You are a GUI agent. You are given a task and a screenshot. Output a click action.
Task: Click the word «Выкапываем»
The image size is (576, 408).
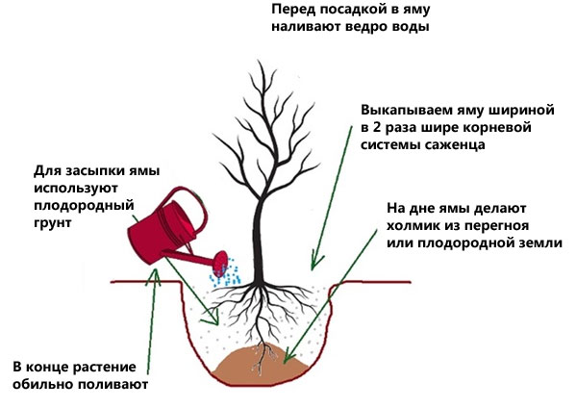tap(403, 110)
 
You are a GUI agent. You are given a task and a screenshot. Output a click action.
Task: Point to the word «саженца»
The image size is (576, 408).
tap(455, 144)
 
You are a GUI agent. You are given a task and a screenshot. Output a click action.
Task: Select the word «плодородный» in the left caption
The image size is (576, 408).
tap(84, 205)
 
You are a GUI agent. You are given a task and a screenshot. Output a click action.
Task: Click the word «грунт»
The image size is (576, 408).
tap(53, 222)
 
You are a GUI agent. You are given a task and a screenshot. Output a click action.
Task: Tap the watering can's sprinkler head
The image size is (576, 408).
tap(220, 263)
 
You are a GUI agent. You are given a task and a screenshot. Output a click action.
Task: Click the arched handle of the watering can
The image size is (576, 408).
tap(191, 206)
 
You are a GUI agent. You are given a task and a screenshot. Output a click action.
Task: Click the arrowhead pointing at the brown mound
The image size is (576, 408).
tap(289, 355)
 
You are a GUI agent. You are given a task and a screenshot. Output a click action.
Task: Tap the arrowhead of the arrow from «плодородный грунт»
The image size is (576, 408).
tap(213, 319)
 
